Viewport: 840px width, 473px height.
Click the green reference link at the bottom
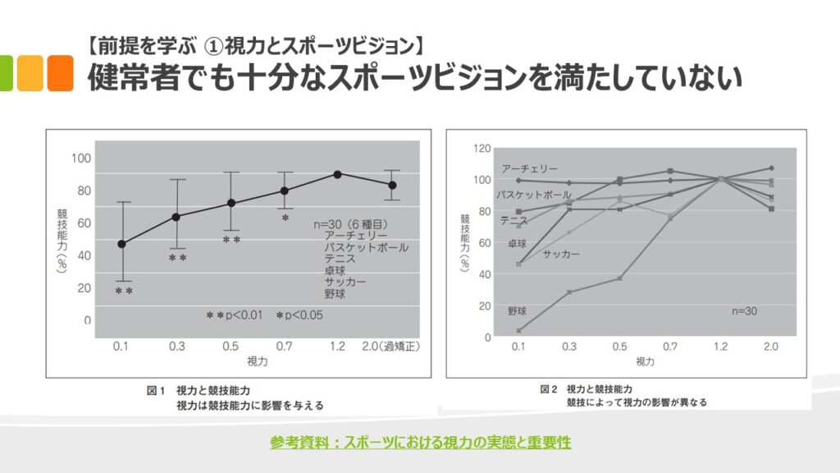click(x=420, y=443)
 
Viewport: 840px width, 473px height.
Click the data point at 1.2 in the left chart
click(x=337, y=174)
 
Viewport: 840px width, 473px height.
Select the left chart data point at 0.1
click(x=122, y=244)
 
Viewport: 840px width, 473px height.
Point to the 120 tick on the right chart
click(x=482, y=149)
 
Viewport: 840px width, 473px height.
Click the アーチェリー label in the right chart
click(x=529, y=168)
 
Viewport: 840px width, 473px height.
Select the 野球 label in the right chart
click(x=517, y=311)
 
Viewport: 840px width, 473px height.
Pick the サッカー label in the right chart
click(x=561, y=255)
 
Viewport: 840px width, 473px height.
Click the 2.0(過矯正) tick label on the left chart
click(x=391, y=346)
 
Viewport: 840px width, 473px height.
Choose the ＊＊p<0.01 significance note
click(x=234, y=315)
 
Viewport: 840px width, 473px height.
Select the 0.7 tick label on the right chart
click(x=670, y=347)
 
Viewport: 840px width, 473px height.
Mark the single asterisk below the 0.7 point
click(x=285, y=218)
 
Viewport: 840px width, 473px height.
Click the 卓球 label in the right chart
click(x=517, y=243)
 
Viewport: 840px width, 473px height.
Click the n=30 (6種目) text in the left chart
click(x=350, y=223)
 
